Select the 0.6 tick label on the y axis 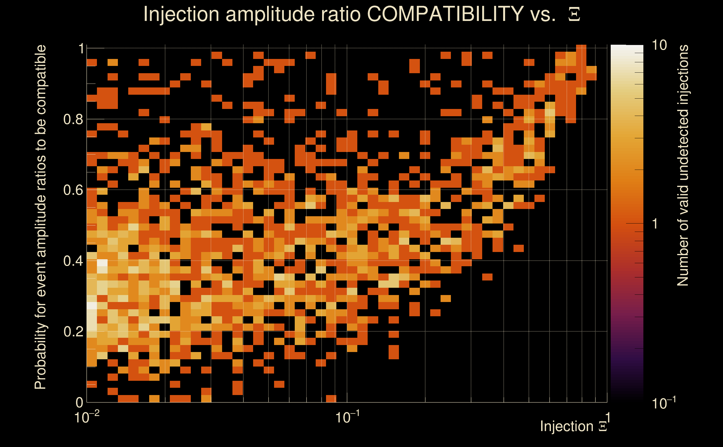[x=73, y=190]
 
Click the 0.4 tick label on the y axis [x=73, y=261]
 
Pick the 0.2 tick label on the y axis [x=73, y=331]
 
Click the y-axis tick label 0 [x=80, y=402]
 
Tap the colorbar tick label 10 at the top [x=659, y=45]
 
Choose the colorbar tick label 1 [x=655, y=224]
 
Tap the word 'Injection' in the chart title [x=181, y=14]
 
